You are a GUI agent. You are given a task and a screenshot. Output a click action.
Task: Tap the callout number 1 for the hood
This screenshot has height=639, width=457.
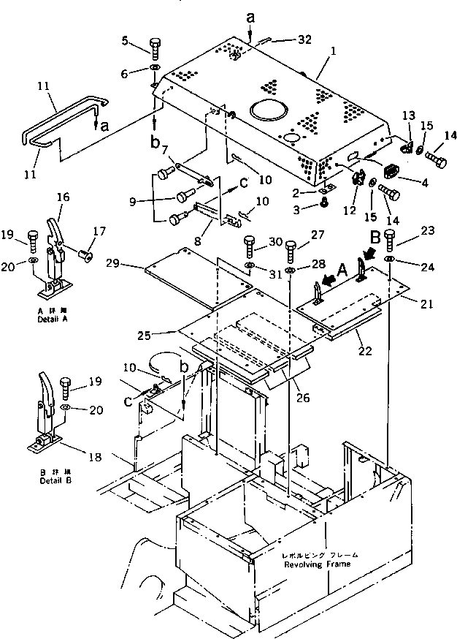[x=333, y=53]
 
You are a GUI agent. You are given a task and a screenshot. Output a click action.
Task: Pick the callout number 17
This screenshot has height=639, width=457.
[x=96, y=232]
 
